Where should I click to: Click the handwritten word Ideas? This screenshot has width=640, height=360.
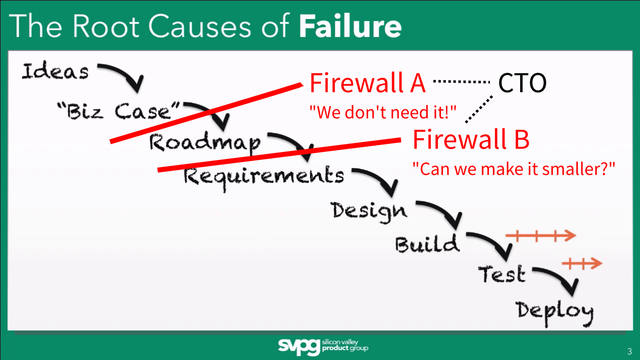click(55, 72)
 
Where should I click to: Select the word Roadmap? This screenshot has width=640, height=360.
click(205, 143)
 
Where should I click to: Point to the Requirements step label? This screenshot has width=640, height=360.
click(264, 176)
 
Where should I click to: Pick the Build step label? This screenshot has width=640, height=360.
click(427, 244)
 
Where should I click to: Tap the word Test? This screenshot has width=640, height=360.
click(501, 274)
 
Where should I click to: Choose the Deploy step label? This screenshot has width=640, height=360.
click(555, 311)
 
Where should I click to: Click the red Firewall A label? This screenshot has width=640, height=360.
click(368, 83)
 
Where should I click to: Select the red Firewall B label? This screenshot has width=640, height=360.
click(470, 140)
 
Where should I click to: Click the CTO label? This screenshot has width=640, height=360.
click(522, 84)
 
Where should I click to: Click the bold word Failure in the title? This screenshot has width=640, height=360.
click(350, 26)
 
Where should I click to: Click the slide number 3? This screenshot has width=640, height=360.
click(629, 350)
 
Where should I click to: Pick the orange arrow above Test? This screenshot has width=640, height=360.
click(582, 263)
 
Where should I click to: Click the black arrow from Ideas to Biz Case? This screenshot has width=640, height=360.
click(123, 76)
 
